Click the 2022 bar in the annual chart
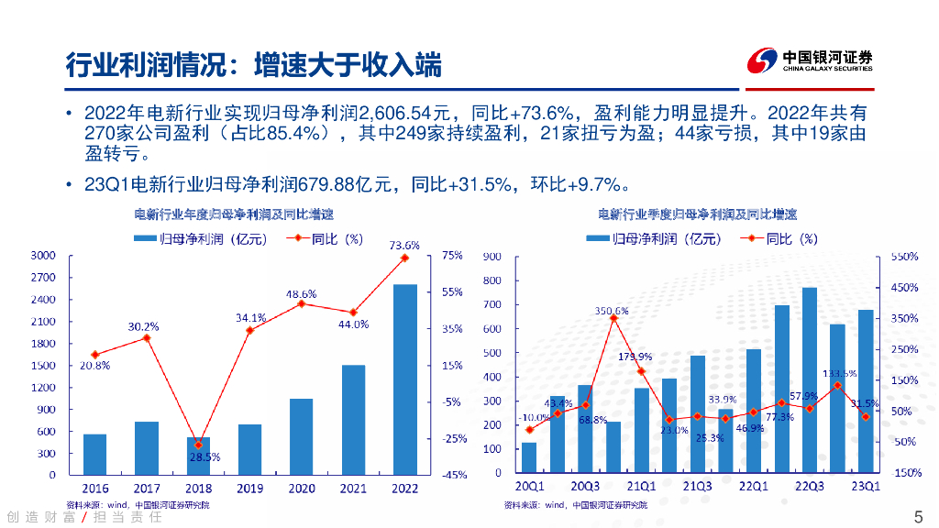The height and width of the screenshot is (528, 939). [x=405, y=379]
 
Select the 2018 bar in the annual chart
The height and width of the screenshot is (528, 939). [x=198, y=456]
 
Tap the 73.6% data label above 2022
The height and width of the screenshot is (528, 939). [x=404, y=245]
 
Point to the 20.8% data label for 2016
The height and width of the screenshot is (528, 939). [x=95, y=365]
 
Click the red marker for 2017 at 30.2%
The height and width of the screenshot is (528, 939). [x=147, y=338]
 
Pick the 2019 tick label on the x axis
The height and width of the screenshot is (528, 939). [x=249, y=488]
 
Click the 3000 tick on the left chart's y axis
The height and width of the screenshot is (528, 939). [x=44, y=256]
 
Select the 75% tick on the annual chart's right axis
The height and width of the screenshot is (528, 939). [x=452, y=256]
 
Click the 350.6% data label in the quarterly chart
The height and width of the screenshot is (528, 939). [x=612, y=311]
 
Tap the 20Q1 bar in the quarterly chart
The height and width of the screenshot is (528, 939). [x=529, y=457]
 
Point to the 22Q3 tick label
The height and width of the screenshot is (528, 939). [x=809, y=486]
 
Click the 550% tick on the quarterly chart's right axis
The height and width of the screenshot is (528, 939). [x=905, y=257]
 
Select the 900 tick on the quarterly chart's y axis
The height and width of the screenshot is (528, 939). [x=492, y=257]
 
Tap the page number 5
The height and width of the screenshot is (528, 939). [x=919, y=515]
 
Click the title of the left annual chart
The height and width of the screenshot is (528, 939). [x=234, y=215]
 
